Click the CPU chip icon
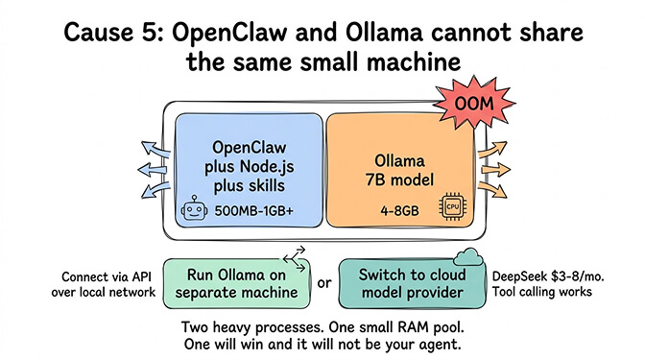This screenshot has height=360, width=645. pos(450,209)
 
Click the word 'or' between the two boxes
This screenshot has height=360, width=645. pos(324,283)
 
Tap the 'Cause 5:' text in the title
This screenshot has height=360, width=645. pos(111,32)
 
